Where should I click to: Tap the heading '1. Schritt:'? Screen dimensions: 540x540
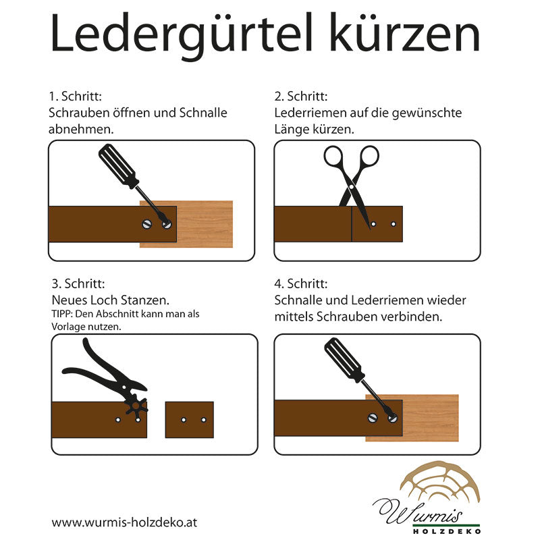pos(75,97)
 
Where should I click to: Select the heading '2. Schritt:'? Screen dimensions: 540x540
pos(301,97)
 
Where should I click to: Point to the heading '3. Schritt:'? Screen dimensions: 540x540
pos(78,283)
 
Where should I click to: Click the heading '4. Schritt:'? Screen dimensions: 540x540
pos(301,283)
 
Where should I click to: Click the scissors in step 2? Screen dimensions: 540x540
pos(352,175)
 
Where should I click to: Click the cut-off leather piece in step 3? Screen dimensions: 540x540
pos(189,420)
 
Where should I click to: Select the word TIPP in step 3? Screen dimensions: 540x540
pos(62,315)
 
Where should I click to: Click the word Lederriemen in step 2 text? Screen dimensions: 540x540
pos(307,113)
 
